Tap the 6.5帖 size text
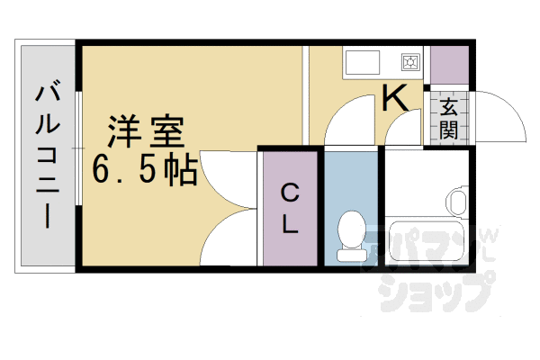point(144,169)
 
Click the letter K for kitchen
point(395,97)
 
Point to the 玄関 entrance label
point(448,118)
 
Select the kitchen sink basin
point(364,63)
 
